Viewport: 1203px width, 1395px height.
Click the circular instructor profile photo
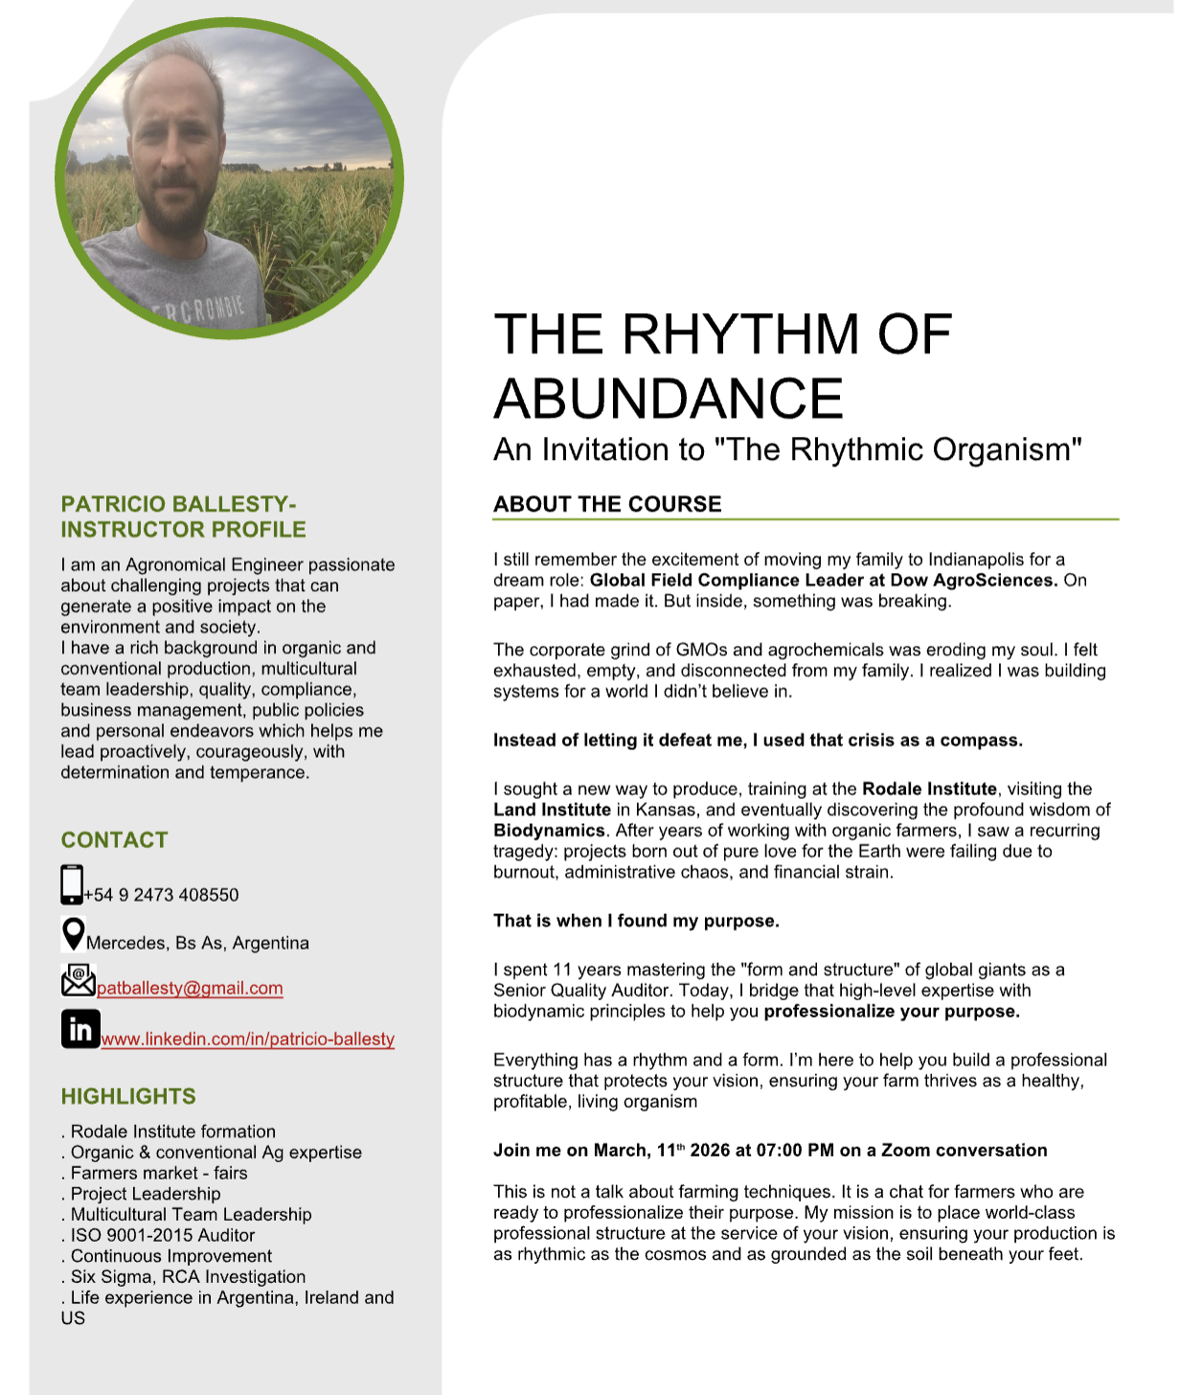click(x=230, y=178)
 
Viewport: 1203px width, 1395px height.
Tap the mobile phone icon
click(x=72, y=884)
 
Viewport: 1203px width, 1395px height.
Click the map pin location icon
click(x=73, y=933)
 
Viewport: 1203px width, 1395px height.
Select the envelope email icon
click(x=78, y=980)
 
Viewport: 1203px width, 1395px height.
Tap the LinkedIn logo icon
click(x=80, y=1029)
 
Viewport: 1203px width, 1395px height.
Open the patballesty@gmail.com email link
click(x=190, y=988)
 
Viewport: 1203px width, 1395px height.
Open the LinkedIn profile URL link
click(x=248, y=1039)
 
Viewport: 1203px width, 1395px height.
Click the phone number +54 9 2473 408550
click(x=162, y=895)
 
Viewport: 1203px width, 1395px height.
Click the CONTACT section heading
click(x=115, y=840)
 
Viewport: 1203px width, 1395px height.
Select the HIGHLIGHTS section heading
click(x=128, y=1096)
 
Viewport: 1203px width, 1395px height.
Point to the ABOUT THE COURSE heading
click(x=607, y=504)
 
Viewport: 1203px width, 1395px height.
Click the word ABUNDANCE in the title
click(x=669, y=399)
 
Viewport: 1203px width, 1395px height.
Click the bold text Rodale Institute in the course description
click(x=929, y=789)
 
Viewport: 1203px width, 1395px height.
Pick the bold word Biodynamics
click(x=549, y=830)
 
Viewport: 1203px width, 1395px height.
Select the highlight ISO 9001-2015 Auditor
click(x=163, y=1235)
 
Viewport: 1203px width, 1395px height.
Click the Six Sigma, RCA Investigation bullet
click(x=188, y=1276)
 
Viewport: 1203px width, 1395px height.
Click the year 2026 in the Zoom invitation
click(x=710, y=1150)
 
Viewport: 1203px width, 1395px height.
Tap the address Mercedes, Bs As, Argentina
click(x=197, y=943)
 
